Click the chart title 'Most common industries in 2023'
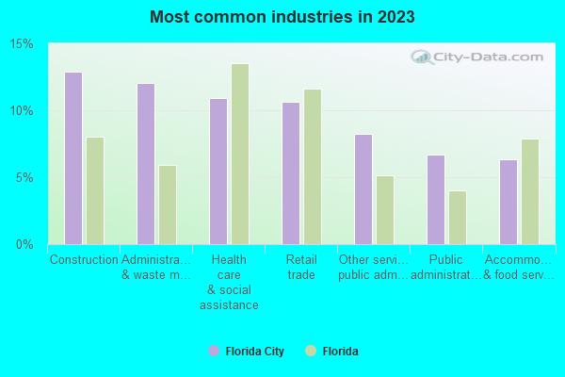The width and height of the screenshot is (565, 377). (282, 17)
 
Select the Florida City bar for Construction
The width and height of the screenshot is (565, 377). (73, 158)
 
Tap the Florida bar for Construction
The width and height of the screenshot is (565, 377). (95, 190)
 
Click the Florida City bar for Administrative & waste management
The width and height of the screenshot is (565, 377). (145, 164)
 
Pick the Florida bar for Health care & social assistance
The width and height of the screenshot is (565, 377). (240, 154)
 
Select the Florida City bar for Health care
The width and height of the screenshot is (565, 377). (218, 172)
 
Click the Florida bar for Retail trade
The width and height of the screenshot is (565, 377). (313, 167)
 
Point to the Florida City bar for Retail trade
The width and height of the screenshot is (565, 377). (290, 173)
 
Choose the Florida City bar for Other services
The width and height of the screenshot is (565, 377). (363, 189)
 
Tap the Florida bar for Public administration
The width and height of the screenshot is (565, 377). (458, 218)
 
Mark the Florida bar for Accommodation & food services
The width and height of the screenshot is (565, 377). (530, 191)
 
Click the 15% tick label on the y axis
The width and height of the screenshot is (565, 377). (22, 44)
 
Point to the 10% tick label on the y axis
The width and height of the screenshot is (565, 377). (22, 111)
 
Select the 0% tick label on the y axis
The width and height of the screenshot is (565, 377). (24, 245)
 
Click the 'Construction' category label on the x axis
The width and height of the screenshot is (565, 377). (84, 259)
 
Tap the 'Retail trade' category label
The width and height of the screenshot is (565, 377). (301, 267)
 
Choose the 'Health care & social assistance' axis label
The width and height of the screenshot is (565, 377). (229, 282)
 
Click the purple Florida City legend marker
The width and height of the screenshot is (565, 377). (214, 351)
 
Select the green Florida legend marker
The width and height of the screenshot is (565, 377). (310, 351)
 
